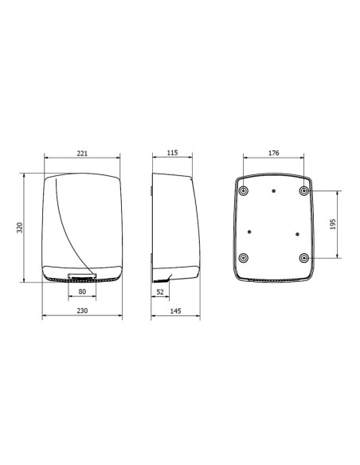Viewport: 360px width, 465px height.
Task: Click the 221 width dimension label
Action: click(82, 154)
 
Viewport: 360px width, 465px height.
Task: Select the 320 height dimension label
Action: click(20, 228)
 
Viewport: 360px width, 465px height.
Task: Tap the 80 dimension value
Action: click(82, 291)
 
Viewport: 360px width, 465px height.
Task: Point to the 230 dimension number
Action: click(82, 311)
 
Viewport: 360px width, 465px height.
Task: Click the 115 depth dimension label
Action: click(172, 153)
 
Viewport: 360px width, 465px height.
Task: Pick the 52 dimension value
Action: click(160, 291)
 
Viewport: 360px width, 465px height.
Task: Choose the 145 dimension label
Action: click(175, 311)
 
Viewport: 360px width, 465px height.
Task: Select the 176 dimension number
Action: click(274, 153)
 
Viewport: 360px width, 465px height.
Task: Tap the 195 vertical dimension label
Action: click(333, 225)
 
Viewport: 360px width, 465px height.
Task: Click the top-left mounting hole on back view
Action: click(244, 190)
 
